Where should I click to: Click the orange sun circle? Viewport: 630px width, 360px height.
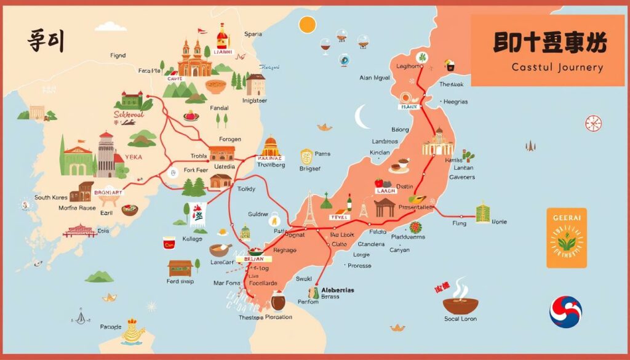point(307,25)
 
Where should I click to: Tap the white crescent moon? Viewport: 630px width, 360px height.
point(362,117)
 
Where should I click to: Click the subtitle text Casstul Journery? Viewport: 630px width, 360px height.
point(557,68)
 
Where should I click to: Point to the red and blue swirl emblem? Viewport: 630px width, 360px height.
point(565,311)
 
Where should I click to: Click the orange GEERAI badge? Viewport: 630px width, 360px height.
point(567,238)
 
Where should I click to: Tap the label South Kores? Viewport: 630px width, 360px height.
point(50,198)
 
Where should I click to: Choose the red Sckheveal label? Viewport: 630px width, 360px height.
point(129,114)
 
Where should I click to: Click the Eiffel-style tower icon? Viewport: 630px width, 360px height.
point(309,209)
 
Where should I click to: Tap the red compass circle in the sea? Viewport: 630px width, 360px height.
point(593,123)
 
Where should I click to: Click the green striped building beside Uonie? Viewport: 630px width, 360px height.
point(483,212)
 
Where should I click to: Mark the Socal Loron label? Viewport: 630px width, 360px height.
point(460,319)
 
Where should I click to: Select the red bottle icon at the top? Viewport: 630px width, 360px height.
point(222,37)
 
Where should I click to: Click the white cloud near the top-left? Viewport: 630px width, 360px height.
point(111,26)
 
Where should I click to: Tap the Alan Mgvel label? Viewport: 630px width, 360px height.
point(375,78)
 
